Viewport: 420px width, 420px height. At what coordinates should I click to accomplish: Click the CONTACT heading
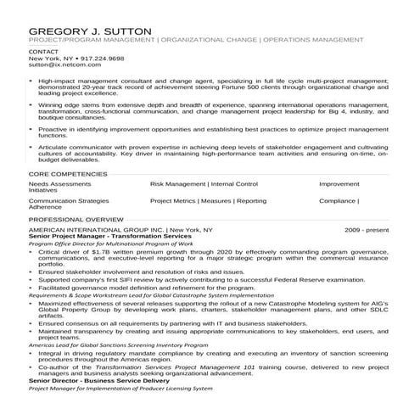click(44, 52)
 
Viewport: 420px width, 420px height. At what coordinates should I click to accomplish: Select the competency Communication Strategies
click(69, 201)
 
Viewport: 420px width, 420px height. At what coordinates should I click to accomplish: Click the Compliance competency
click(338, 201)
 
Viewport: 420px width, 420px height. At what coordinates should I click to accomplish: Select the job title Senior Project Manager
click(69, 236)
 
